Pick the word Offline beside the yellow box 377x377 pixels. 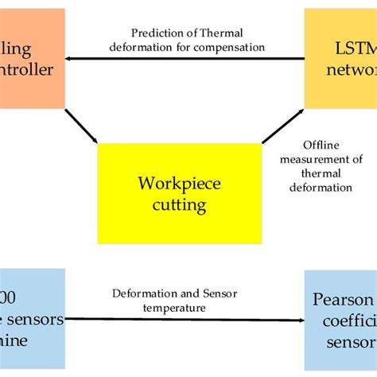(x=321, y=145)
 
